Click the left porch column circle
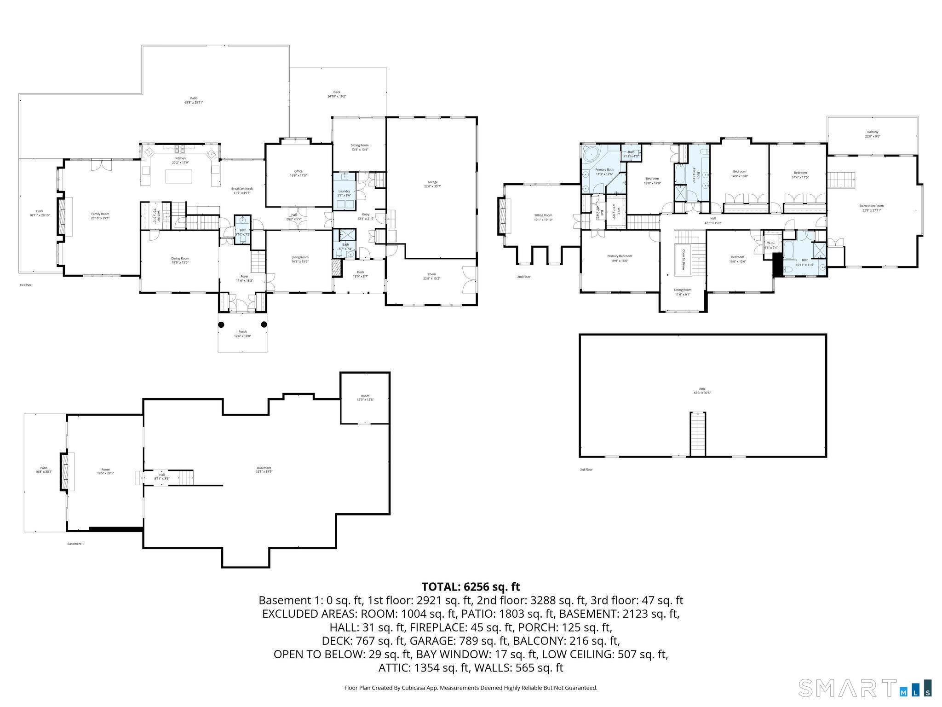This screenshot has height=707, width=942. (x=221, y=325)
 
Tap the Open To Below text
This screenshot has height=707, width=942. (x=683, y=260)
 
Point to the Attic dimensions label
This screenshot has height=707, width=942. (x=702, y=394)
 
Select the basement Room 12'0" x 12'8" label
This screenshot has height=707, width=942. (x=365, y=398)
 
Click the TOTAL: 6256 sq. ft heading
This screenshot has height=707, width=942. (x=471, y=587)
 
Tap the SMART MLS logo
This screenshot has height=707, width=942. (x=865, y=688)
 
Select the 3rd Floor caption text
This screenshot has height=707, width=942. (x=586, y=469)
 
